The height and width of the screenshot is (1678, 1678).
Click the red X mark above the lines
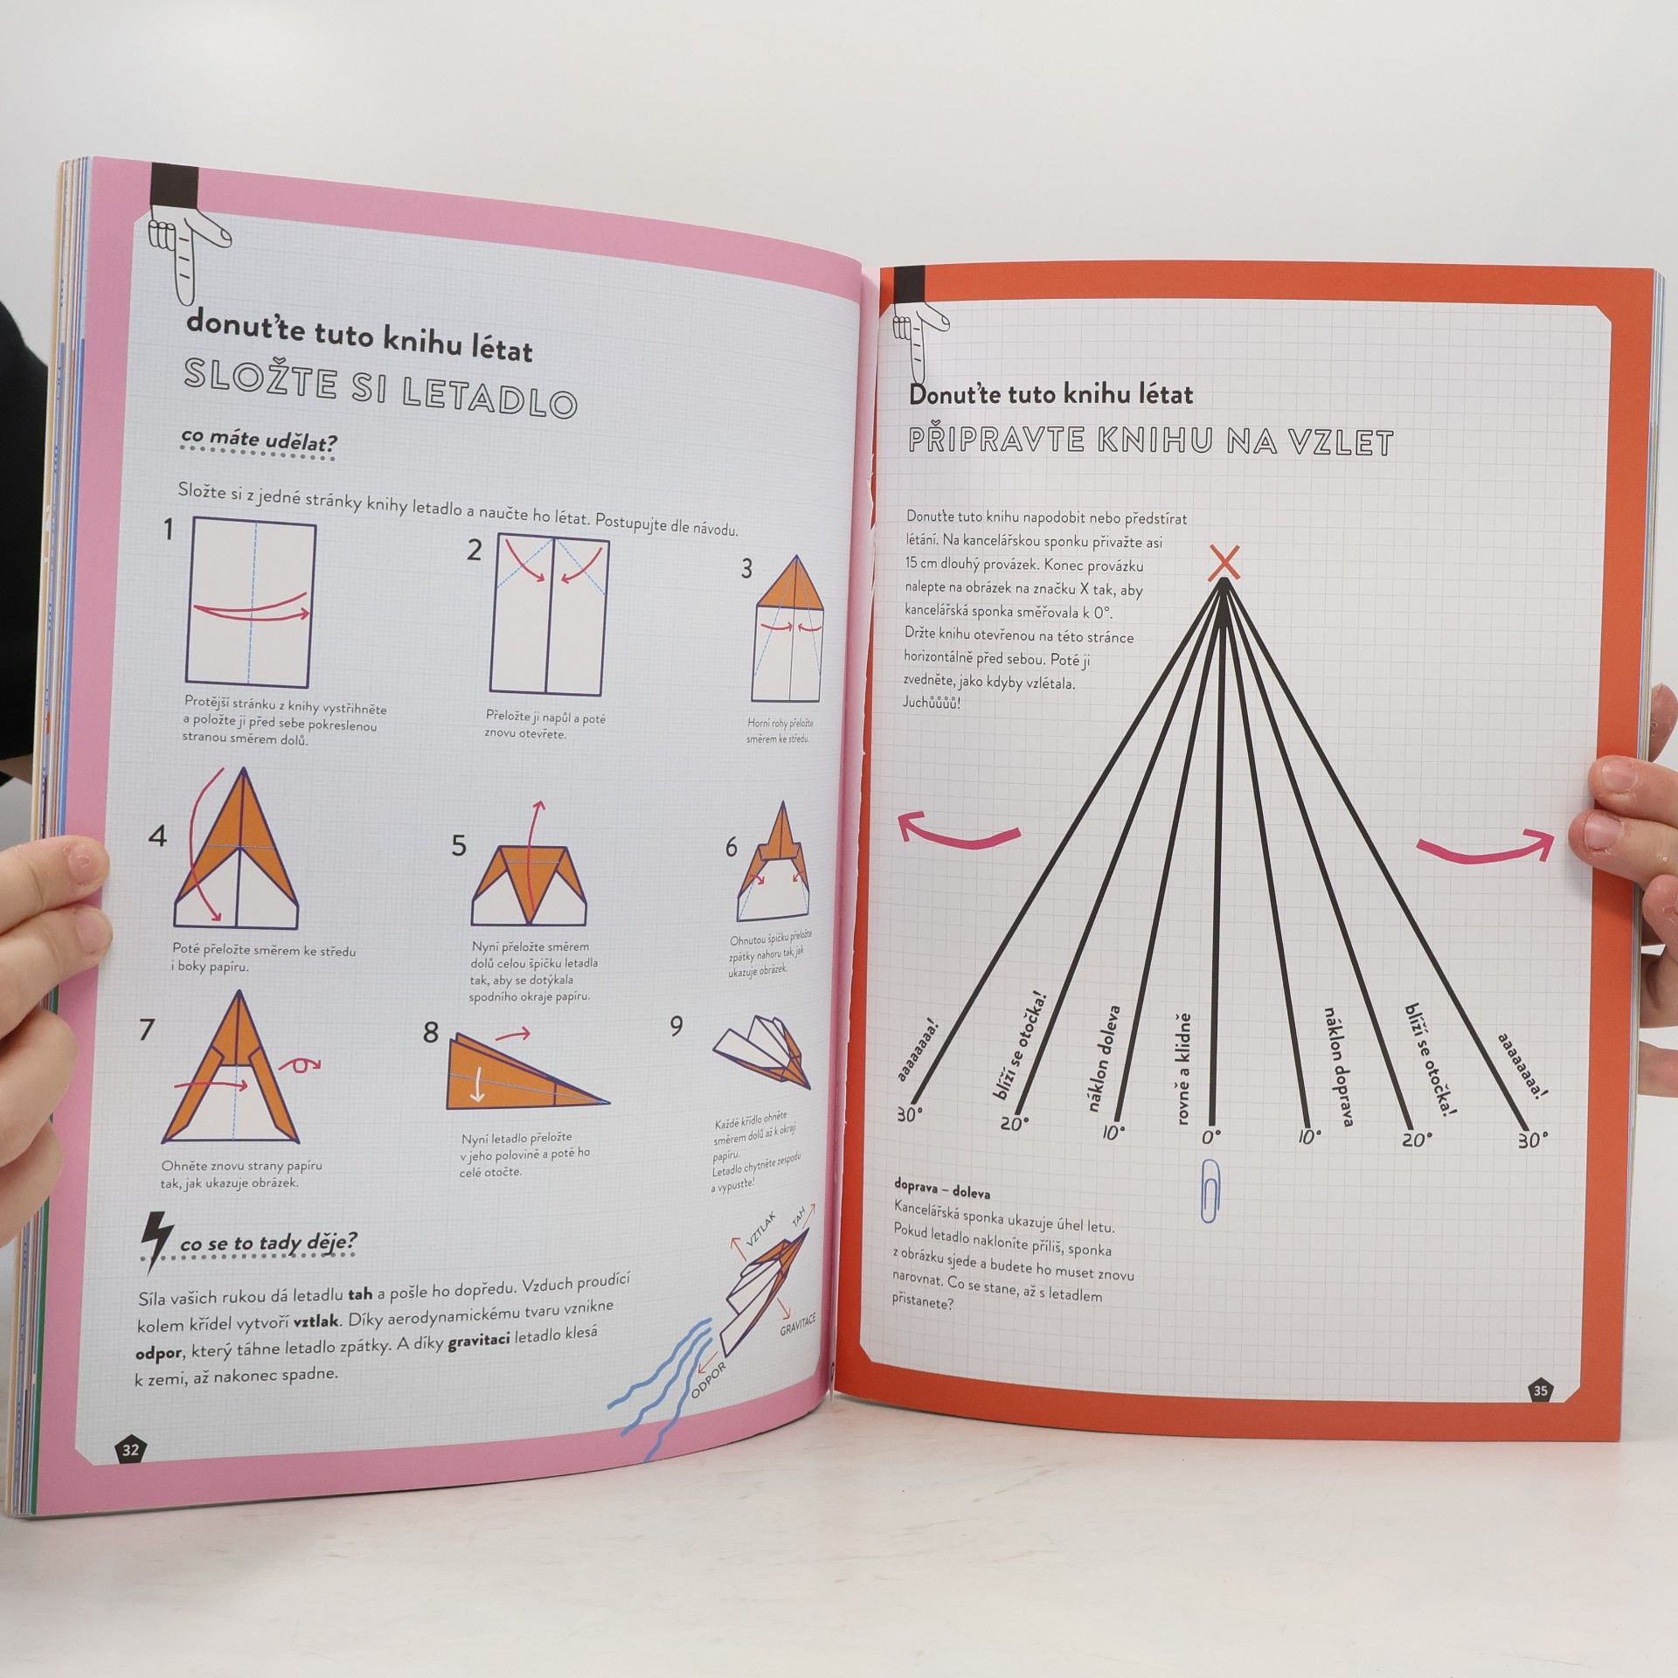(1224, 562)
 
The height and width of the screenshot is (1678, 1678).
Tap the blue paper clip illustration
(1210, 1189)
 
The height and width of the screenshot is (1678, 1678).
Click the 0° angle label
(1211, 1136)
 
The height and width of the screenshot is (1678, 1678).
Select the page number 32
(130, 1450)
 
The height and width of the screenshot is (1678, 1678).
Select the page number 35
(1541, 1390)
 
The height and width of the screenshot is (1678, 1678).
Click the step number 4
(157, 836)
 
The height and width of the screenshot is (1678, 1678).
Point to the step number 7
(147, 1029)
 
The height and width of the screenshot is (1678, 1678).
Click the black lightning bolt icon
(156, 1241)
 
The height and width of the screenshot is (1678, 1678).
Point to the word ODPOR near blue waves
(708, 1380)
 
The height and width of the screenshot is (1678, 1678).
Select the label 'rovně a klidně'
(1182, 1068)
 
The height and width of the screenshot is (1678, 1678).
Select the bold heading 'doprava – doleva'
(942, 1192)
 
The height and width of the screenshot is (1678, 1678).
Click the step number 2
(475, 550)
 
